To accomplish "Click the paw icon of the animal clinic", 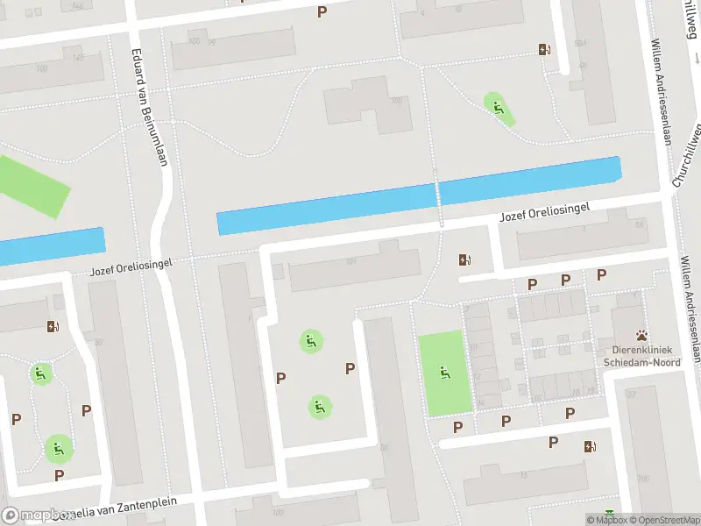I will tap(642, 335).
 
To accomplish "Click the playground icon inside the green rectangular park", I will tap(444, 373).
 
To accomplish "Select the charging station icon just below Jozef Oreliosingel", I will tap(464, 259).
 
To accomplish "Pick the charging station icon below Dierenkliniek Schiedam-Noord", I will tap(590, 446).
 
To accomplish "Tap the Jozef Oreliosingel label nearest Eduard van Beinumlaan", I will tap(131, 267).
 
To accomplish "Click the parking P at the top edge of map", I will tap(322, 11).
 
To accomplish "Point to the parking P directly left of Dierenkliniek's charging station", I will tap(552, 442).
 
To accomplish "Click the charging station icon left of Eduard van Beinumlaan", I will tap(53, 327).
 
